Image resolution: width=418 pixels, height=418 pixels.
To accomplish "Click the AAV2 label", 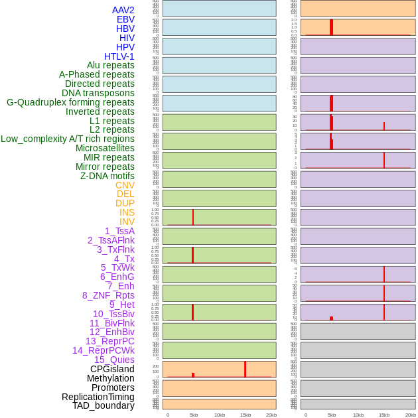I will pyautogui.click(x=123, y=10).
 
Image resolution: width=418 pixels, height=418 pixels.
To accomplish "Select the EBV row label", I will pyautogui.click(x=125, y=19).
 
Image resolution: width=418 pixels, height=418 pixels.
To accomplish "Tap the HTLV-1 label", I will pyautogui.click(x=119, y=56).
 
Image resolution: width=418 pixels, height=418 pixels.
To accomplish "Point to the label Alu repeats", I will pyautogui.click(x=111, y=65).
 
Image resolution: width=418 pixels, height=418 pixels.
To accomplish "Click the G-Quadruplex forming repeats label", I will pyautogui.click(x=70, y=102).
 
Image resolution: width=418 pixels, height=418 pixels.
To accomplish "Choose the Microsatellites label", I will pyautogui.click(x=105, y=148).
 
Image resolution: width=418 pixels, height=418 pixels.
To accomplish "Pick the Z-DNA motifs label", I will pyautogui.click(x=107, y=176).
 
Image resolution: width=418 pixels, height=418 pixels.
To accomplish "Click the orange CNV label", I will pyautogui.click(x=125, y=185).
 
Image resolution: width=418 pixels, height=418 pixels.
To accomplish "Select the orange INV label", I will pyautogui.click(x=127, y=222).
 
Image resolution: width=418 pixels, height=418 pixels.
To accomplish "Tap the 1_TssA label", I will pyautogui.click(x=119, y=231).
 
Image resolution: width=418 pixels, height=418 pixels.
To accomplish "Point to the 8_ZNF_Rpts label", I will pyautogui.click(x=108, y=295).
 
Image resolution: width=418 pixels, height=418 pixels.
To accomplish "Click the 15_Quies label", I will pyautogui.click(x=114, y=360).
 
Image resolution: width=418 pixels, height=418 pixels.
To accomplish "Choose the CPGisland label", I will pyautogui.click(x=112, y=369).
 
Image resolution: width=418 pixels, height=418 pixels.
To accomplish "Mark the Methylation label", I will pyautogui.click(x=111, y=378).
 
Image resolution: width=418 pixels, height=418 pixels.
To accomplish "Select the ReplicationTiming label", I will pyautogui.click(x=98, y=397).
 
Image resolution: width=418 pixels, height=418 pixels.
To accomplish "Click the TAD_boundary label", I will pyautogui.click(x=104, y=405).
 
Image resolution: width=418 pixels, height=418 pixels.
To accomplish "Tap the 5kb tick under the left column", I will pyautogui.click(x=194, y=415).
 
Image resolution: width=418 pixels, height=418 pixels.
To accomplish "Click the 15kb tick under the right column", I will pyautogui.click(x=383, y=415).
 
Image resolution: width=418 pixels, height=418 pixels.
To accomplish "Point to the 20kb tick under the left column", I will pyautogui.click(x=271, y=415).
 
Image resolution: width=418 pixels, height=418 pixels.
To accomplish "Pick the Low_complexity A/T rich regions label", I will pyautogui.click(x=68, y=139).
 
